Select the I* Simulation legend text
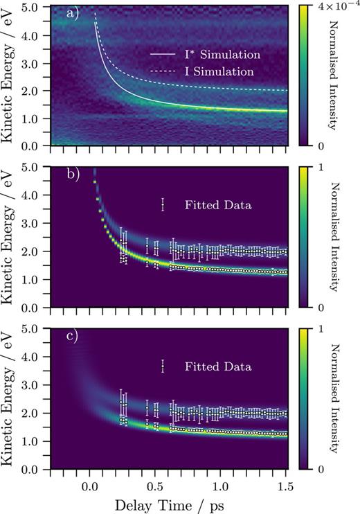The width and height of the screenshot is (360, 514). pyautogui.click(x=221, y=53)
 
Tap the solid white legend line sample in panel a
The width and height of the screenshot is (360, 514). pyautogui.click(x=164, y=53)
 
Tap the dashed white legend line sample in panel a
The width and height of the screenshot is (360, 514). pyautogui.click(x=164, y=71)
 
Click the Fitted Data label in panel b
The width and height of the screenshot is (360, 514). pyautogui.click(x=216, y=204)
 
